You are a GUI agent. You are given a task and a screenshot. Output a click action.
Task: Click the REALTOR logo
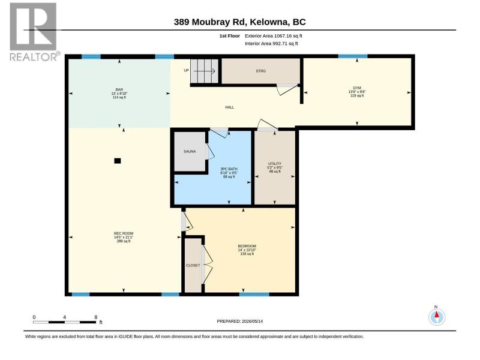pyautogui.click(x=34, y=32)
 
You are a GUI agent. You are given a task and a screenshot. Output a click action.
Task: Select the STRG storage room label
pyautogui.click(x=261, y=71)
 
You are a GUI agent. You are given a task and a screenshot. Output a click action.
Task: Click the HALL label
pyautogui.click(x=230, y=107)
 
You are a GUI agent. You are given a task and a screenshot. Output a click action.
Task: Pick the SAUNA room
pyautogui.click(x=190, y=151)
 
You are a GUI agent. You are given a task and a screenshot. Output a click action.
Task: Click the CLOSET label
pyautogui.click(x=193, y=265)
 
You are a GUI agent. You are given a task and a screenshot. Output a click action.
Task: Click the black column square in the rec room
pyautogui.click(x=118, y=161)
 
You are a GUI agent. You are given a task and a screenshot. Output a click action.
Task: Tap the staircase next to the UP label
pyautogui.click(x=204, y=71)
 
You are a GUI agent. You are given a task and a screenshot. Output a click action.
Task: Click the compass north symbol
pyautogui.click(x=437, y=317)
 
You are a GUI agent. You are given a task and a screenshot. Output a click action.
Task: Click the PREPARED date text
pyautogui.click(x=239, y=321)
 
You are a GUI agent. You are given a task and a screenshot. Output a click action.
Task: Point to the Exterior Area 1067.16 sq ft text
pyautogui.click(x=274, y=36)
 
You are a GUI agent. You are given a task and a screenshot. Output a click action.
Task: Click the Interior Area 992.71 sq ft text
pyautogui.click(x=271, y=43)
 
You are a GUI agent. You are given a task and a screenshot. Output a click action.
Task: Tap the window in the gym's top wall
pyautogui.click(x=353, y=56)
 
